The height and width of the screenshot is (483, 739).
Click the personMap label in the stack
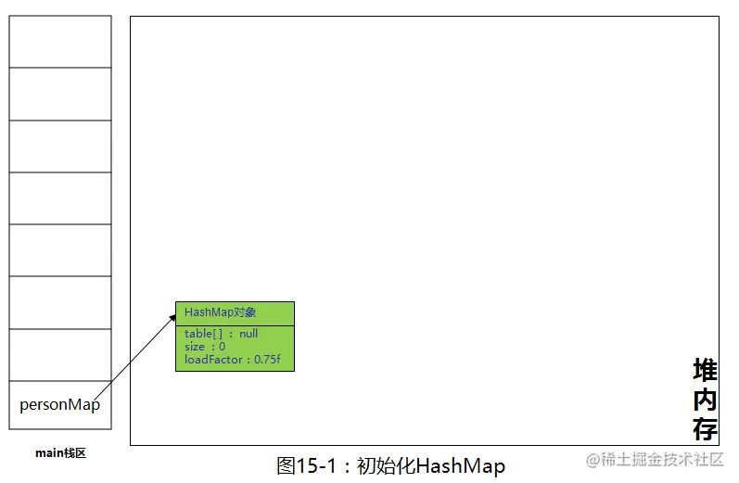(60, 405)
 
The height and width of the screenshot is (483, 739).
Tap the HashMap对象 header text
(220, 311)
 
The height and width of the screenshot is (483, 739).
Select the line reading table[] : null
(221, 334)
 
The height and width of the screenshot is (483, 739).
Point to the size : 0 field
(205, 347)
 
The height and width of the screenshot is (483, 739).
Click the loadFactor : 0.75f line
(233, 360)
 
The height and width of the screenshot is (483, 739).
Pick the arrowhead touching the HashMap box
(172, 318)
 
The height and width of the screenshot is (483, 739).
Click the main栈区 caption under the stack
(61, 453)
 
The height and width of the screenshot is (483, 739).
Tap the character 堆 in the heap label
(705, 370)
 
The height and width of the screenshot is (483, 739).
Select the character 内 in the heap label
(705, 400)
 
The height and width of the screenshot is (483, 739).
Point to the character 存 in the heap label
(705, 428)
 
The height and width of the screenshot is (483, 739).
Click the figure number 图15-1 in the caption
(306, 466)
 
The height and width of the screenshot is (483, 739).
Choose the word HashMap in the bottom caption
(461, 466)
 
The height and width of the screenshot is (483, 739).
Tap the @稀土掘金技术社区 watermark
(655, 459)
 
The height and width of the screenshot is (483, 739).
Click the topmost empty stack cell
(60, 42)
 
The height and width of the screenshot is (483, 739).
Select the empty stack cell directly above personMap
(60, 355)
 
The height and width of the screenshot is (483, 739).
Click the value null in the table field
(248, 334)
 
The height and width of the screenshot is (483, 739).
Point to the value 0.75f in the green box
(267, 360)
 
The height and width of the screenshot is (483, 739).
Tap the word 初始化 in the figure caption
(386, 466)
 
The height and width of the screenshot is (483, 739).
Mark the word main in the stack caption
(49, 453)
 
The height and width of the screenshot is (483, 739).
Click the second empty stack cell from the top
(60, 94)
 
